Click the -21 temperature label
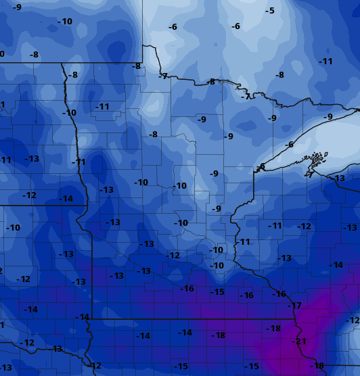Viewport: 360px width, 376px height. click(x=298, y=342)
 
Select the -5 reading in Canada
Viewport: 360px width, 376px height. click(x=270, y=10)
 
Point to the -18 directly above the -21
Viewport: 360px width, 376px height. click(x=273, y=329)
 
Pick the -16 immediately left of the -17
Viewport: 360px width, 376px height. click(x=279, y=294)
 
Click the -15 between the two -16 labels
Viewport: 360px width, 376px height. click(x=217, y=291)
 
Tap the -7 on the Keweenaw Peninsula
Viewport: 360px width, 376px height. click(x=309, y=174)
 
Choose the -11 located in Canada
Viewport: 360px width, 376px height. click(x=326, y=62)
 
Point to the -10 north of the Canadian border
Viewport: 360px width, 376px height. click(x=64, y=22)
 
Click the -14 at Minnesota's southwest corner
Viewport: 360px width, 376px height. click(x=83, y=317)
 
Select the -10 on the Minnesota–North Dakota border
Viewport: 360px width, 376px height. click(x=69, y=113)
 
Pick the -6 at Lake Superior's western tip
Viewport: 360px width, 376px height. click(x=261, y=166)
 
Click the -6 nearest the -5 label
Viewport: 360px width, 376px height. click(x=235, y=26)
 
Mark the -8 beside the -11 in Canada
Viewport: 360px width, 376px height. click(x=279, y=75)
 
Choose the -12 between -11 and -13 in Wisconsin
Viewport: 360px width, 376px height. click(x=305, y=227)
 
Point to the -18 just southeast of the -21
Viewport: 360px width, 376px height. click(x=317, y=366)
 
